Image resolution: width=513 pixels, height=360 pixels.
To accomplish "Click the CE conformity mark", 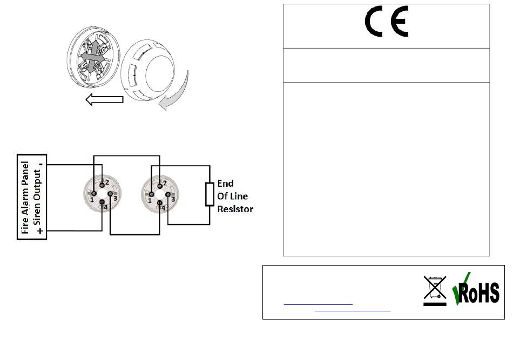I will click(x=386, y=22).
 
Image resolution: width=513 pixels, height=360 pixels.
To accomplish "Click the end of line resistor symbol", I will click(x=210, y=194).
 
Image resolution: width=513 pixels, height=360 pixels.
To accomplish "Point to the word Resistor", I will click(x=235, y=209).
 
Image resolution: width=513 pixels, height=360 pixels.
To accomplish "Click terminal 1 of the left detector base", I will click(x=94, y=193).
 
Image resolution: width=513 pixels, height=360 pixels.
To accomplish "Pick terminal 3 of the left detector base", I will click(x=110, y=193).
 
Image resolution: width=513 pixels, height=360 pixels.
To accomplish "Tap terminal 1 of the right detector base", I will click(x=152, y=194).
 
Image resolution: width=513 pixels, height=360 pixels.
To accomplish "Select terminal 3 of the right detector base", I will click(x=168, y=194).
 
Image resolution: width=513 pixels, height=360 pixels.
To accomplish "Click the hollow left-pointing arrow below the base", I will click(x=105, y=100).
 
